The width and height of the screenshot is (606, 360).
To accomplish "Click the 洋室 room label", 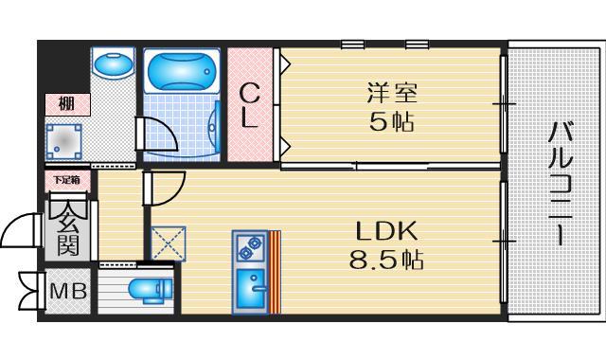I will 391,93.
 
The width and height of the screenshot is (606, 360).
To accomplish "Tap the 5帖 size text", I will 391,122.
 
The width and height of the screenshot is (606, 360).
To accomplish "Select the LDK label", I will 386,229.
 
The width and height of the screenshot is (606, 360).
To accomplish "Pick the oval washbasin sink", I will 115,67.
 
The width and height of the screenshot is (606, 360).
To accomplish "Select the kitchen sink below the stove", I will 250,287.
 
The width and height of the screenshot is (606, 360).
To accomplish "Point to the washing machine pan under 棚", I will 65,141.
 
